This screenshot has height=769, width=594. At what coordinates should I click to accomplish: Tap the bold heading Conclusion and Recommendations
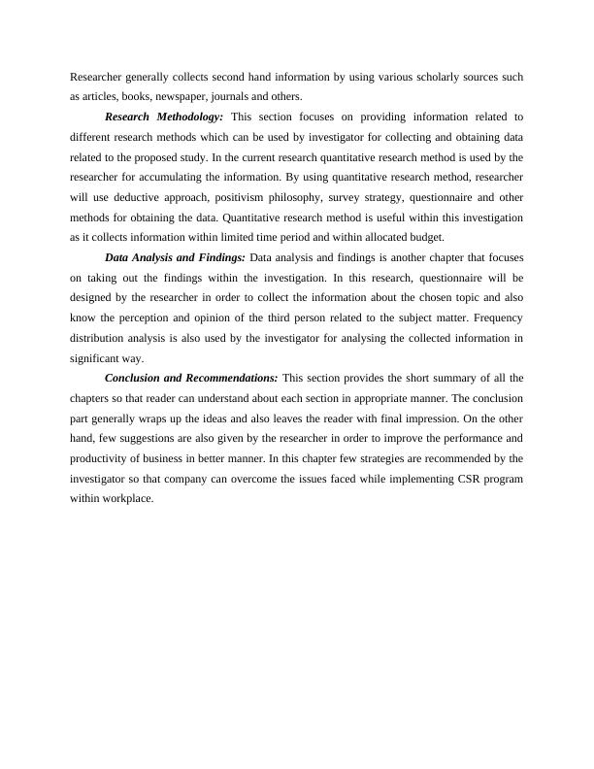coord(191,378)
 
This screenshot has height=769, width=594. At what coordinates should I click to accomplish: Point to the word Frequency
coord(496,318)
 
